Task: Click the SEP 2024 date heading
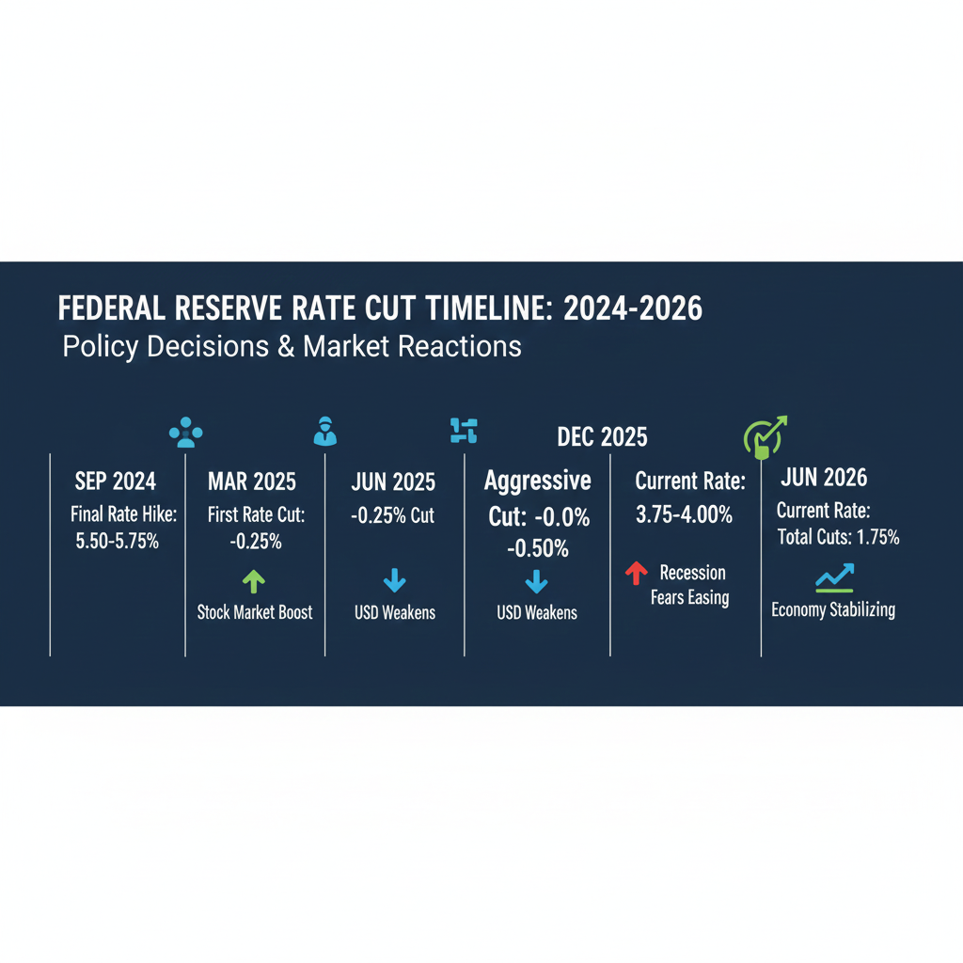(x=115, y=481)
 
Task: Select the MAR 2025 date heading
(x=251, y=481)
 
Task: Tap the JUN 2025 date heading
(x=393, y=481)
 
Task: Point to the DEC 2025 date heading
(x=602, y=436)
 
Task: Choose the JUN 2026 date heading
(x=825, y=478)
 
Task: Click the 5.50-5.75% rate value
(x=115, y=543)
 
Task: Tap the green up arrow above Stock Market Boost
(x=254, y=581)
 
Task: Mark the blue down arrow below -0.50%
(x=536, y=582)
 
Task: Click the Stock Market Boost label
(x=255, y=612)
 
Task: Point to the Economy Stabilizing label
(x=833, y=609)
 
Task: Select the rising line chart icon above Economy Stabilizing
(x=834, y=577)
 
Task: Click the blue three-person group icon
(x=185, y=433)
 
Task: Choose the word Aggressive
(x=537, y=481)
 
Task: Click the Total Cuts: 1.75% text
(x=838, y=538)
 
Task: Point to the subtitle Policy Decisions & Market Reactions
(x=292, y=346)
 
